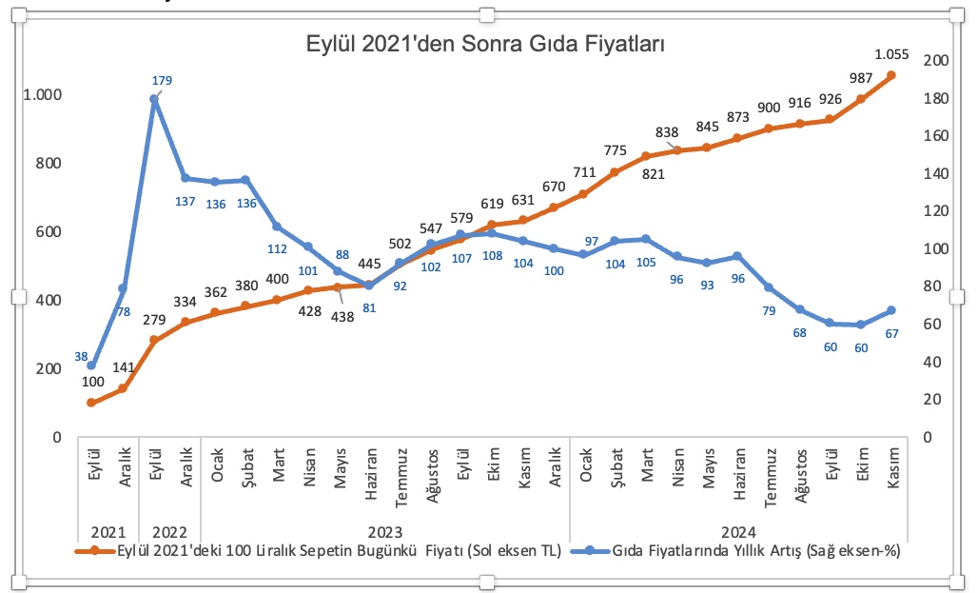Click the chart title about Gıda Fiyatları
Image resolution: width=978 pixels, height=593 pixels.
click(484, 44)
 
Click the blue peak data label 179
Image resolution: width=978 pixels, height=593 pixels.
click(162, 80)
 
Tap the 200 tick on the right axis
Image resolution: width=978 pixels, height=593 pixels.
click(936, 60)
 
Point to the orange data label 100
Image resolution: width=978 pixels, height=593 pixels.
click(92, 383)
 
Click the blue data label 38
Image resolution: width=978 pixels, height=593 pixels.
click(80, 357)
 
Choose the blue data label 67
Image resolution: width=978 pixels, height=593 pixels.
click(892, 332)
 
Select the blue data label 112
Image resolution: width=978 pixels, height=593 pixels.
click(277, 249)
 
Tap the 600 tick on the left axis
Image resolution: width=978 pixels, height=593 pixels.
click(48, 232)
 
